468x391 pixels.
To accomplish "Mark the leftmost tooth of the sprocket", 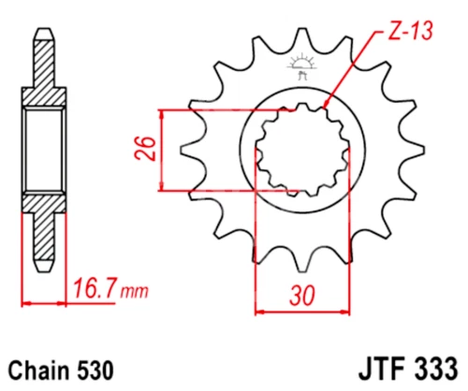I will pyautogui.click(x=183, y=151).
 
